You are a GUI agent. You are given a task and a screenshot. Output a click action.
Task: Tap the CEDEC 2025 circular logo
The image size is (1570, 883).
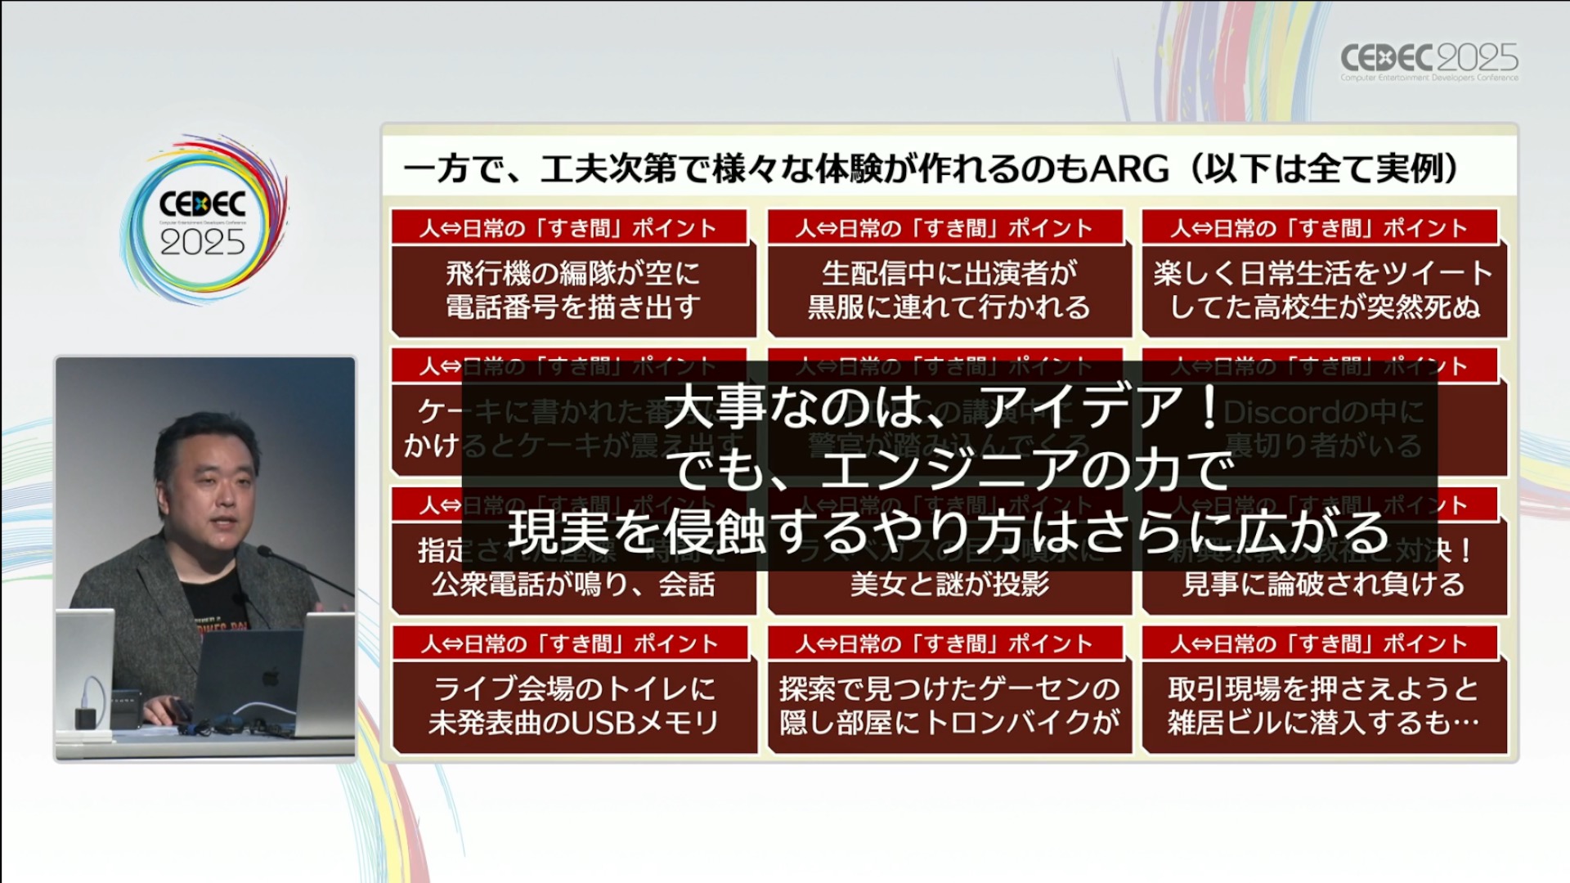click(203, 221)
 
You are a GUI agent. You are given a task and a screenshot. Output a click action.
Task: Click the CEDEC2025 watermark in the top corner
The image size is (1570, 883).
click(1429, 61)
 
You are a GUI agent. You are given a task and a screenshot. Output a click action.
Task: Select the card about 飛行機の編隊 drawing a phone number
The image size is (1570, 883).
click(572, 289)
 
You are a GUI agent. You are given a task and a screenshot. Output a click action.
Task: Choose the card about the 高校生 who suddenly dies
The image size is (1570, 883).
click(1324, 289)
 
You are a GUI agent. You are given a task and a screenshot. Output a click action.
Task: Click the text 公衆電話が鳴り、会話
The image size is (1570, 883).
click(572, 585)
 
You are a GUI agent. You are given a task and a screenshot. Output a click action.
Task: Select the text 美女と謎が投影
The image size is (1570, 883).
click(949, 585)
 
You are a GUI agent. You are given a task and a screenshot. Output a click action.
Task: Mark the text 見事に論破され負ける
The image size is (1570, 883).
click(1323, 585)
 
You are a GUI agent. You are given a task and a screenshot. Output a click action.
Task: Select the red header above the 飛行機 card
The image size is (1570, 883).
click(569, 227)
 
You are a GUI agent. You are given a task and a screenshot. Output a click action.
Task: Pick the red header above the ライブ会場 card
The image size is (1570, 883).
click(570, 643)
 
